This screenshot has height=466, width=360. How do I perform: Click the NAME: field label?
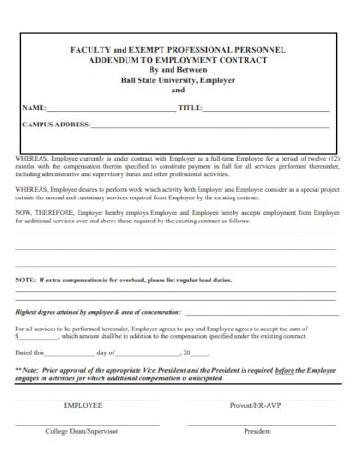click(34, 108)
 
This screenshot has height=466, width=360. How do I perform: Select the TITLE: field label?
click(190, 108)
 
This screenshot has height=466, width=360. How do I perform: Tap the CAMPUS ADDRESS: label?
click(56, 124)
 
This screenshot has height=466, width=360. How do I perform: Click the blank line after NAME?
click(111, 110)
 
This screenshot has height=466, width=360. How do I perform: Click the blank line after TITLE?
click(268, 110)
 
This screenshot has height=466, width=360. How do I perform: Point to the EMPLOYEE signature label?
click(82, 405)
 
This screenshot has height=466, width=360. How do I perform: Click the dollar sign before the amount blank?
click(17, 337)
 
